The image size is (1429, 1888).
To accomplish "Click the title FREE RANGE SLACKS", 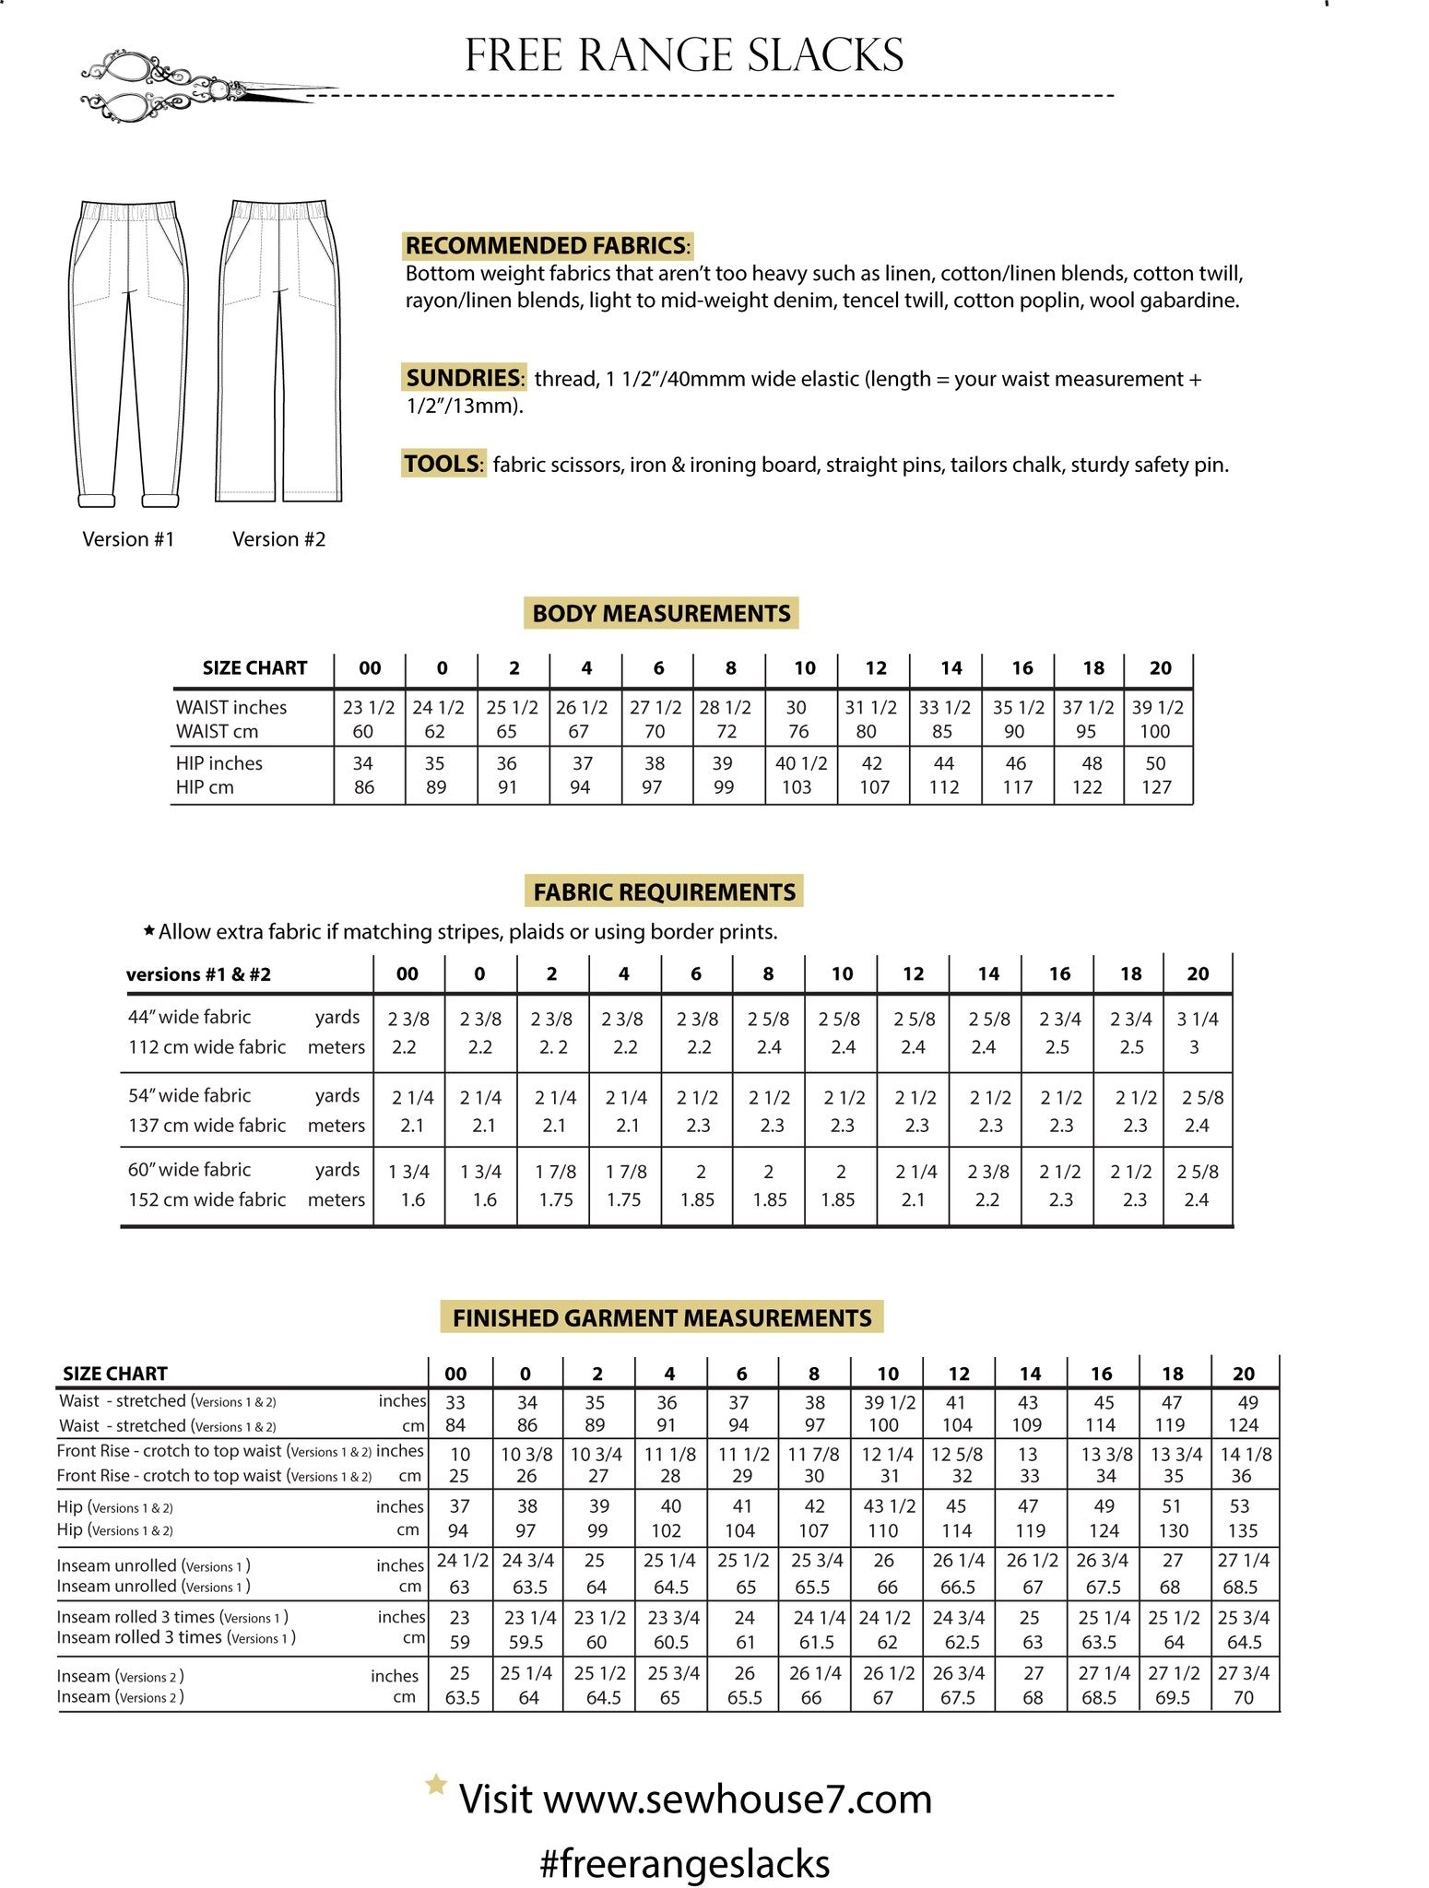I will point(684,55).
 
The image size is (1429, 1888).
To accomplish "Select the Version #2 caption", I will point(278,539).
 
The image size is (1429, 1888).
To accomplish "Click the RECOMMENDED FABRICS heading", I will point(546,245).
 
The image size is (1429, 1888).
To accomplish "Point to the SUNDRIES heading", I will point(464,378).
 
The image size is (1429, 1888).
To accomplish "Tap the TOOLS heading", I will point(443,463).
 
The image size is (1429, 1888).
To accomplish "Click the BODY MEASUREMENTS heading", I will point(661,613).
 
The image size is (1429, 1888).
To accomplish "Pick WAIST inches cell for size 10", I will point(797,707).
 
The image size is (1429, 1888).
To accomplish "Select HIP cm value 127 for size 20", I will point(1156,787).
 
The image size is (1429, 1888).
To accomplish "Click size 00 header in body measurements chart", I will point(370,668).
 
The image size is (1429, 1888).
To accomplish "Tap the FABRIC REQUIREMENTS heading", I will point(664,891).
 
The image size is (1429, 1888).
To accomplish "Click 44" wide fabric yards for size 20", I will point(1197,1019).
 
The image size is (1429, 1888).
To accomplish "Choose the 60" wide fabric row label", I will point(190,1170).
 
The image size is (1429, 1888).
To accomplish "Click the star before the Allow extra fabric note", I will point(148,930).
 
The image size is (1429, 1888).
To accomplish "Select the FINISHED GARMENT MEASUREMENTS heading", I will point(661,1317).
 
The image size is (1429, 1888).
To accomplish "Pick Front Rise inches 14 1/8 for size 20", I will point(1245,1454).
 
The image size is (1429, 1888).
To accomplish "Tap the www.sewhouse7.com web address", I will point(737,1799).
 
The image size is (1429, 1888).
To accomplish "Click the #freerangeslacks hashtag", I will point(684,1863).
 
